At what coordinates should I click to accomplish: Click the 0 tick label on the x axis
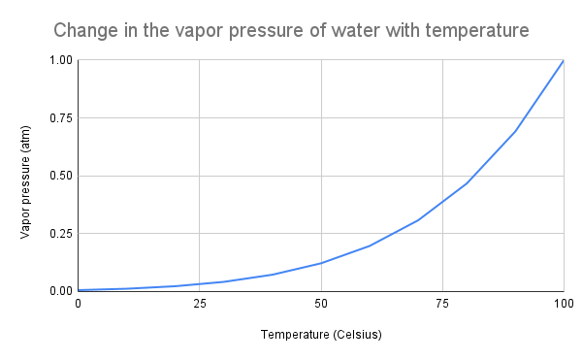[79, 305]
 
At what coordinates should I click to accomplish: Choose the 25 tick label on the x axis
[199, 305]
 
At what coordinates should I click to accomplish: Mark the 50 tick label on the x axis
[321, 305]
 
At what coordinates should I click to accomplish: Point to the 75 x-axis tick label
[442, 305]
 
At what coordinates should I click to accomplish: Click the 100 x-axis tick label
[564, 305]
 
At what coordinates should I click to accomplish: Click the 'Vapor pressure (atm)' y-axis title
[25, 177]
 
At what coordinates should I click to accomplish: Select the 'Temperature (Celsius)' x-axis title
[320, 336]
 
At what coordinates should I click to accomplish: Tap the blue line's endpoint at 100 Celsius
[564, 60]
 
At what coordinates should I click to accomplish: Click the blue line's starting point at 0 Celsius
[79, 290]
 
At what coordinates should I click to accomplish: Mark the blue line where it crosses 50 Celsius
[321, 263]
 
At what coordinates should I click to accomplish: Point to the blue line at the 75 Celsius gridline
[442, 202]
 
